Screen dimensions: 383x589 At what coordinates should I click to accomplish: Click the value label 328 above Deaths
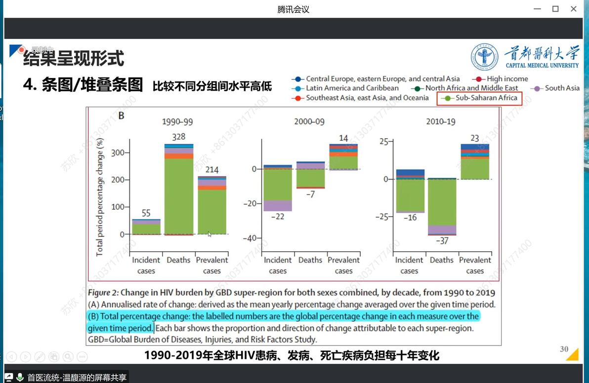178,137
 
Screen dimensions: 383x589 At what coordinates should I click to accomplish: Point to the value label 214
211,170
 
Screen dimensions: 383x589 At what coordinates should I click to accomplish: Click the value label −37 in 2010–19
442,241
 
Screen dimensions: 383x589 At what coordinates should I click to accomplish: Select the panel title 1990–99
178,121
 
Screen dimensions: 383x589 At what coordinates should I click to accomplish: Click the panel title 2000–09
310,121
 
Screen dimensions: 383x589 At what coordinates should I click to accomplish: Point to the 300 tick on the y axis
118,153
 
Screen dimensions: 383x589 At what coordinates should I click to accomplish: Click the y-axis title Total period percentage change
100,197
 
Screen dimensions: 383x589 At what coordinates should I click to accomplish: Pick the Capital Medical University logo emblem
484,56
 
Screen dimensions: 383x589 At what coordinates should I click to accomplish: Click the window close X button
573,9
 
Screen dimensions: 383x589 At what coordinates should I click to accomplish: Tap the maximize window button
555,9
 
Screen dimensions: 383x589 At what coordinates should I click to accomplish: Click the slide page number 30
564,349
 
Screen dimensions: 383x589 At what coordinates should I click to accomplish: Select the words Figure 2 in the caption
103,293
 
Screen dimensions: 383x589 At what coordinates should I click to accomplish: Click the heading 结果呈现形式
73,59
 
